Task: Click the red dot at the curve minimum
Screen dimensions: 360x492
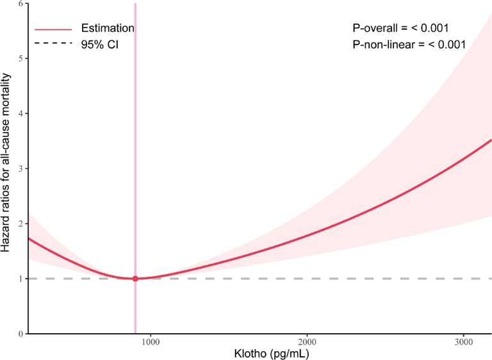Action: (135, 279)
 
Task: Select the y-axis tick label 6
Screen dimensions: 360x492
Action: (21, 4)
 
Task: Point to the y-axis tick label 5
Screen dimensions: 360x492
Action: (21, 58)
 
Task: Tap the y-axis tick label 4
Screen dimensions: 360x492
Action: (21, 113)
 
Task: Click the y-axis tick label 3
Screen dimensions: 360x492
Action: (21, 168)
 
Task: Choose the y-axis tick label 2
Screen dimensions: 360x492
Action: (21, 224)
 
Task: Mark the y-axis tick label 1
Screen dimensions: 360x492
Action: (21, 279)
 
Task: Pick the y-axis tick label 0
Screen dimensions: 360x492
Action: (21, 334)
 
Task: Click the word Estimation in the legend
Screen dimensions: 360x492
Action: (107, 28)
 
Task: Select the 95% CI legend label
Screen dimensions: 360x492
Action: (99, 45)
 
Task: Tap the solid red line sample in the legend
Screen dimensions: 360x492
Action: (53, 29)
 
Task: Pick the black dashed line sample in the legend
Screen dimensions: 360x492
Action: (53, 45)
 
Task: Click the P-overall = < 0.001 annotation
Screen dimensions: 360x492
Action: (400, 28)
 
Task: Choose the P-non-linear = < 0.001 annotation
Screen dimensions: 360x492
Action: (409, 45)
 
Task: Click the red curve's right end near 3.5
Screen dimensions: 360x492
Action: (489, 141)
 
